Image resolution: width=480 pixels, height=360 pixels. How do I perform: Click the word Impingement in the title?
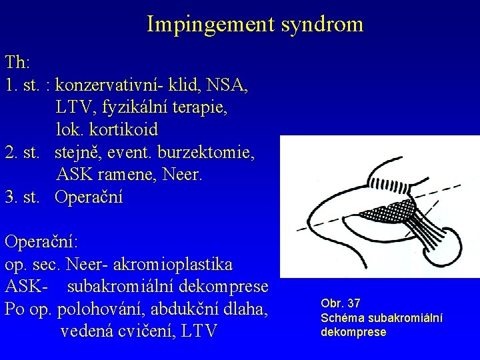pos(204,25)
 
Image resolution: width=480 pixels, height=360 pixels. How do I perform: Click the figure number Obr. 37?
pos(341,304)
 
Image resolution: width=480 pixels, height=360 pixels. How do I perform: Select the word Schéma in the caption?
pos(341,318)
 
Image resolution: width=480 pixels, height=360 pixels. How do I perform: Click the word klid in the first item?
pos(187,85)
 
